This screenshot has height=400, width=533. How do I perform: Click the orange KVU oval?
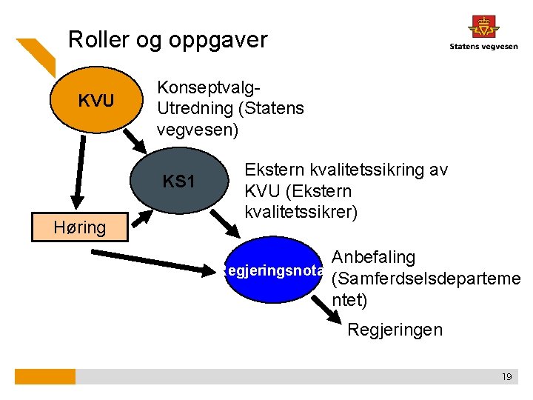97,100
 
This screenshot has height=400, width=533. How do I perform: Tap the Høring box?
80,227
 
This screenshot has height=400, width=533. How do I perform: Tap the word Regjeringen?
395,330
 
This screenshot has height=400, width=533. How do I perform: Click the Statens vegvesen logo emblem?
483,27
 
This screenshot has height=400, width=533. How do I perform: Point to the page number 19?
506,377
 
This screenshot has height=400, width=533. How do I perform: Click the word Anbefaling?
374,258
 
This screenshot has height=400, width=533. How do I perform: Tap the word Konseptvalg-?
209,87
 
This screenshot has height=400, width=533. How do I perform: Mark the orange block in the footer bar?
45,377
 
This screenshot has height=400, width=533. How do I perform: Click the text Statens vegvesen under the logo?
483,47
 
